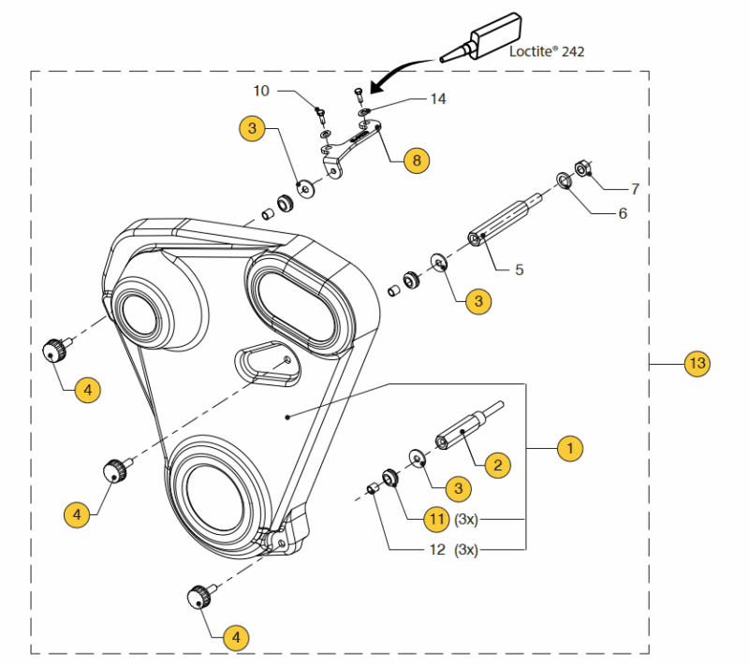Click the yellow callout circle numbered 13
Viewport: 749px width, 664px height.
click(x=696, y=363)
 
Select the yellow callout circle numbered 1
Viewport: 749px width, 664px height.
click(x=569, y=449)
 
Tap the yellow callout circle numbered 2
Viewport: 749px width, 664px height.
click(x=497, y=464)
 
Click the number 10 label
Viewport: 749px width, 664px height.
click(x=261, y=91)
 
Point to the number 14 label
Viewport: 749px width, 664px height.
click(x=439, y=99)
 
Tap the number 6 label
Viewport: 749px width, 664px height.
click(x=622, y=213)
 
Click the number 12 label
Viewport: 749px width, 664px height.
click(x=436, y=550)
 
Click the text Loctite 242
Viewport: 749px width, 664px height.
click(x=547, y=51)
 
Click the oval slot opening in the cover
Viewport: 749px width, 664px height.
click(x=293, y=299)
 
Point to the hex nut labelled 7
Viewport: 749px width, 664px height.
click(x=580, y=168)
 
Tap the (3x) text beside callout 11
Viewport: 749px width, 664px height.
click(x=466, y=518)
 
